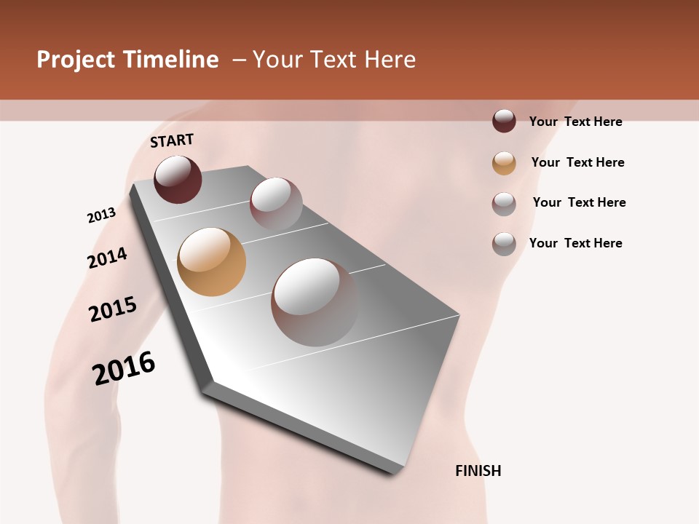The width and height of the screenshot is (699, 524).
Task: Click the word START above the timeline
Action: point(172,140)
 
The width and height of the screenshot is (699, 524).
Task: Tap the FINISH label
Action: point(478,471)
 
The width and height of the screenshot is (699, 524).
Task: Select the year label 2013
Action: point(101,215)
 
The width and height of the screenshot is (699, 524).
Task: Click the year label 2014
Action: point(107,258)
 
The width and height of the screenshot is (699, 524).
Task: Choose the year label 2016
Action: point(124,368)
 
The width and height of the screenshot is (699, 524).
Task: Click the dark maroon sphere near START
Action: point(178,179)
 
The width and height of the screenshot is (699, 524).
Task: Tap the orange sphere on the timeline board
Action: point(211,262)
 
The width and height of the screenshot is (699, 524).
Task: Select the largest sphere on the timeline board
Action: point(315,302)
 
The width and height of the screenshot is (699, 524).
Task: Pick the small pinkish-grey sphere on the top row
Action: point(276,204)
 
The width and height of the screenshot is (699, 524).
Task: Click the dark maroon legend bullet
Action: point(504,122)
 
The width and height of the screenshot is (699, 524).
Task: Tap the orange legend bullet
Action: point(504,163)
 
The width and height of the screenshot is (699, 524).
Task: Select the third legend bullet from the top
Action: point(504,204)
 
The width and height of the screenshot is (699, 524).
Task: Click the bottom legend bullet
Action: point(504,244)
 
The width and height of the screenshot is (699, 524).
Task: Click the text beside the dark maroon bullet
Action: point(575,122)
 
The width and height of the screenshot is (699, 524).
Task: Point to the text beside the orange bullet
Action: point(577,162)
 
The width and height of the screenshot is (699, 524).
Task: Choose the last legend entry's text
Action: point(575,243)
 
